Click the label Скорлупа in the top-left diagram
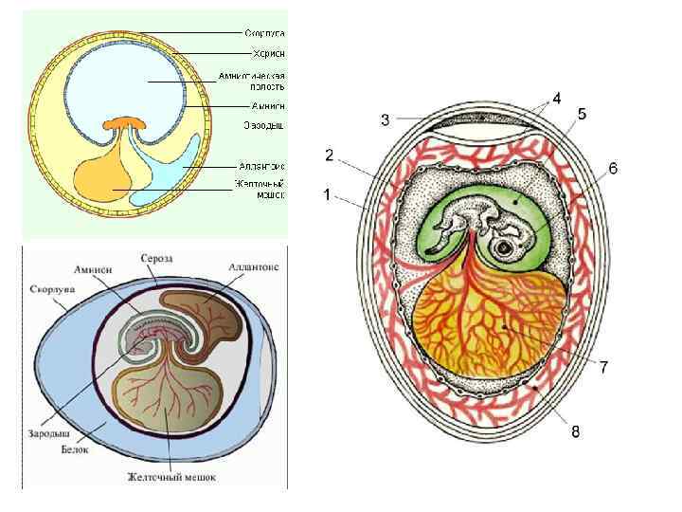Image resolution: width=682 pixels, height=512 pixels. point(265,32)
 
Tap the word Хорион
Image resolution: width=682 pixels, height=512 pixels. point(269,54)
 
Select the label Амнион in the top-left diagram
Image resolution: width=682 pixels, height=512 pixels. point(268,106)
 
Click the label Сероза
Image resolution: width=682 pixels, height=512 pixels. point(156,257)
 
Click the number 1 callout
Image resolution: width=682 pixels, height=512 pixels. point(326,195)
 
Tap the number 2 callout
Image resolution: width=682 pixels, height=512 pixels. point(329,154)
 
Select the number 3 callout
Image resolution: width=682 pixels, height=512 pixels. point(385,119)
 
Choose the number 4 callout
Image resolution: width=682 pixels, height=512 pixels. point(556,98)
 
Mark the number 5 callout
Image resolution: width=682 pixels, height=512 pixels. point(582,114)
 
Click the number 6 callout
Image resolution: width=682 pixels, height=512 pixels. point(613,168)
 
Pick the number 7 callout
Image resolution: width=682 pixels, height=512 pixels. point(602,367)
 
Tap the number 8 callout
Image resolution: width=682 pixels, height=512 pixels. point(575,431)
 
